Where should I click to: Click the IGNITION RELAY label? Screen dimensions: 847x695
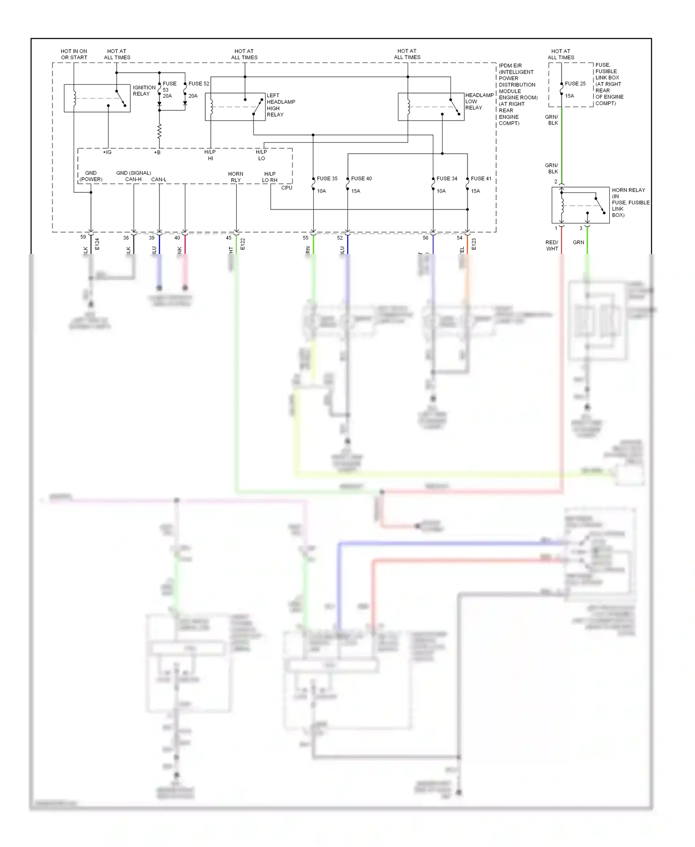tap(144, 90)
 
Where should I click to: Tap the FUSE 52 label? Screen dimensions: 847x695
tap(199, 84)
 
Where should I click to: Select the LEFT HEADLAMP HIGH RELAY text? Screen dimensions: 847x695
tap(281, 105)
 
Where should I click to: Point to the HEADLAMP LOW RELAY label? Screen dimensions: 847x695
tap(479, 101)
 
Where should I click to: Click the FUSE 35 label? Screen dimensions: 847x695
tap(327, 178)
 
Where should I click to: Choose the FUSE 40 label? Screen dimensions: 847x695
tap(361, 178)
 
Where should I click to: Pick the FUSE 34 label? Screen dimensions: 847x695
tap(447, 178)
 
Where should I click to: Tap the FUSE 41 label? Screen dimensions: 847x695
tap(481, 178)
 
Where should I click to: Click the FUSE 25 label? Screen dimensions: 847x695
tap(575, 84)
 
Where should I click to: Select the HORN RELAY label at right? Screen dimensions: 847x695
tap(630, 202)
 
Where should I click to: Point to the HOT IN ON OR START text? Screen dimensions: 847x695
tap(74, 54)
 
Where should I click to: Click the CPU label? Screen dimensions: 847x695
tap(287, 188)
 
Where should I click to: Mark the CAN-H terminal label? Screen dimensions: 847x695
tap(133, 179)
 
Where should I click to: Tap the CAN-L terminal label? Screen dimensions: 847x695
tap(159, 179)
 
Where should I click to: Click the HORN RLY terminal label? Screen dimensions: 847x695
tap(236, 177)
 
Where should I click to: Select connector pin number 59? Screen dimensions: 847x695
tap(83, 237)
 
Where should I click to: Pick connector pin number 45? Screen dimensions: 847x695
tap(228, 238)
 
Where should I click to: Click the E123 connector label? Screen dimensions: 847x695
tap(474, 244)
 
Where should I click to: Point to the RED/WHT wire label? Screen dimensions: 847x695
tap(552, 246)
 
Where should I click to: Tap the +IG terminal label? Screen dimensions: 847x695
tap(107, 152)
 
